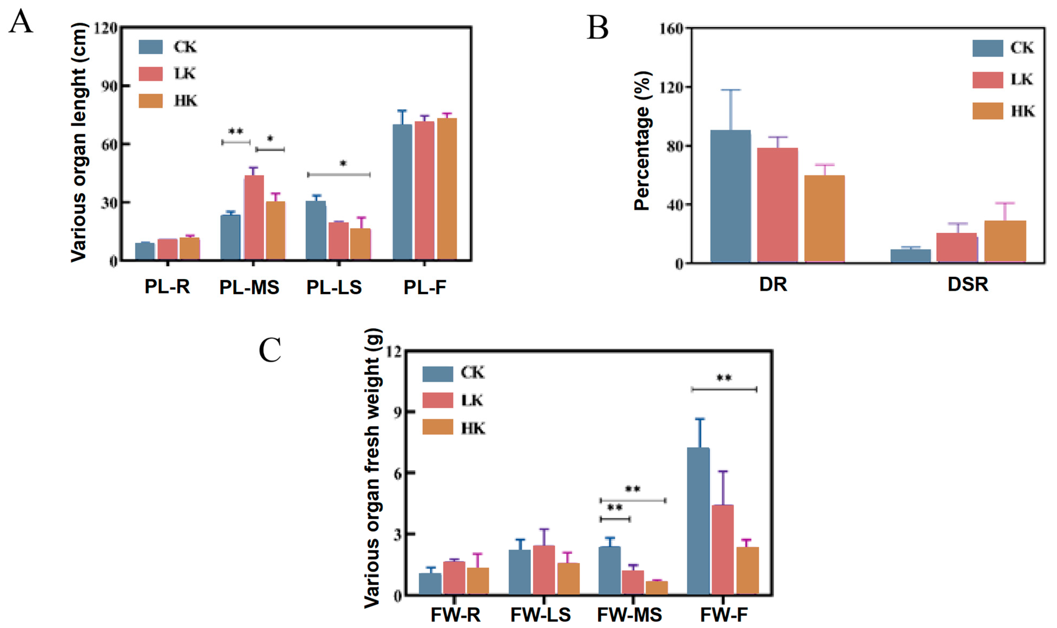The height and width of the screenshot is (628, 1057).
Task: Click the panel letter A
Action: point(20,22)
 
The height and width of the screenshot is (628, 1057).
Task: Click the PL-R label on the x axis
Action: point(167,287)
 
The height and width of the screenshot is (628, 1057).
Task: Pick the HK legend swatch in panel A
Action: point(151,101)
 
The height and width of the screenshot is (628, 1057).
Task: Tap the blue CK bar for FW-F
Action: point(698,521)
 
